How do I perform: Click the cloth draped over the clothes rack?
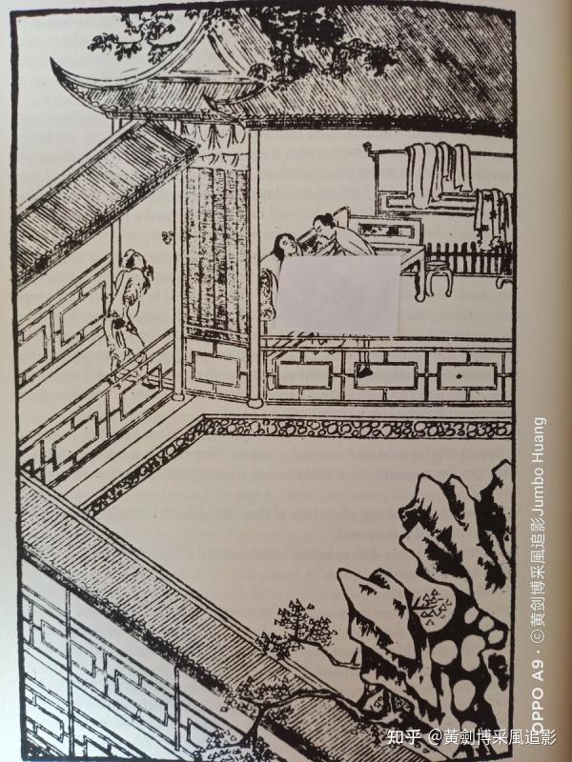[x=440, y=166]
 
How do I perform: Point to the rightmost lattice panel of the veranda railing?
[x=467, y=374]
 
